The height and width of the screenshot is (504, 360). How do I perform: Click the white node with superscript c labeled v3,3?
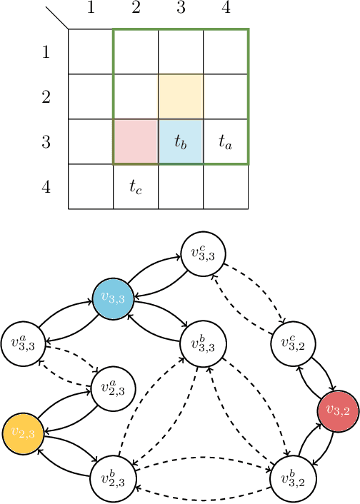point(204,254)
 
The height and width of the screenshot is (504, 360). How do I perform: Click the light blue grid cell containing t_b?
point(181,141)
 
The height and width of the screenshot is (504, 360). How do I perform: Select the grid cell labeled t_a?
point(226,141)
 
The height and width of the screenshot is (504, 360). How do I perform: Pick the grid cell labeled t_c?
point(136,186)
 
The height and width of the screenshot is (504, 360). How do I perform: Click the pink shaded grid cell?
point(136,141)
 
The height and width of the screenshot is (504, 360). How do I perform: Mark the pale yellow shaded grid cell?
point(181,96)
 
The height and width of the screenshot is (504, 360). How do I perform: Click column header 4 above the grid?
point(226,9)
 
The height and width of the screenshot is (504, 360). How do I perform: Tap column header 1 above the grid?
point(91,9)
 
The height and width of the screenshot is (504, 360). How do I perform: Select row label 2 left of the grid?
point(46,97)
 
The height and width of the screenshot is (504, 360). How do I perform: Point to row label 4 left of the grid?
point(46,187)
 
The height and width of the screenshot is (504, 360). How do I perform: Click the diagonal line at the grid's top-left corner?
point(57,19)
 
